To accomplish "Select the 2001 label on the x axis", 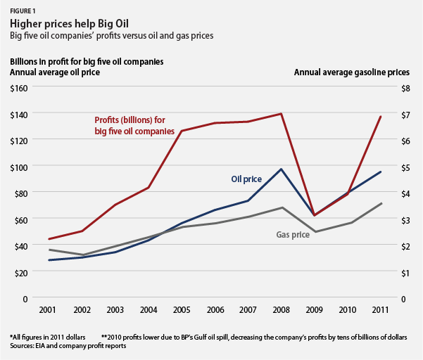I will coord(49,311).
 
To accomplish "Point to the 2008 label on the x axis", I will coord(282,311).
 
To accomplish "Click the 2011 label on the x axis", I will coord(381,311).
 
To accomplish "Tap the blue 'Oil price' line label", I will coord(246,179).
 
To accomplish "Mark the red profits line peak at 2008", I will coord(282,113).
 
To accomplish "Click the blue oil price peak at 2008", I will coord(282,169).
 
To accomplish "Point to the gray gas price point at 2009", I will coord(315,231).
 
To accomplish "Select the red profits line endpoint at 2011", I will coord(381,117).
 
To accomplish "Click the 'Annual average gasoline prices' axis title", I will coord(351,72).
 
